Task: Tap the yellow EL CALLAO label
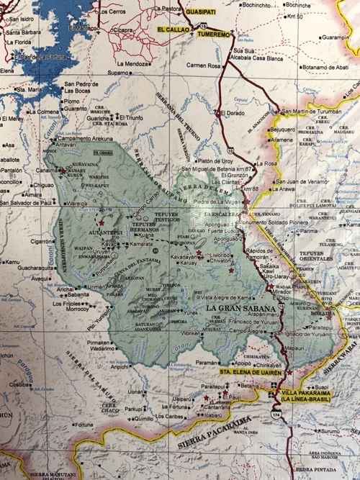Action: (172, 28)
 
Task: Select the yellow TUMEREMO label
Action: (215, 33)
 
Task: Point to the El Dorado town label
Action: (233, 114)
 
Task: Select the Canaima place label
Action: (48, 171)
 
